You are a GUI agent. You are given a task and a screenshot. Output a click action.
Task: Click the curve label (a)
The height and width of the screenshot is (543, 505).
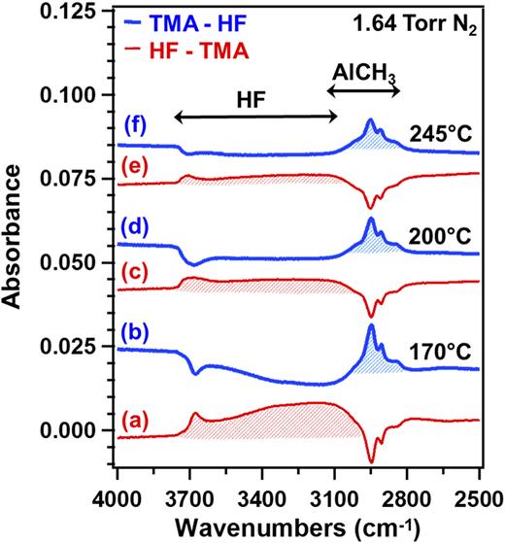140,420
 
